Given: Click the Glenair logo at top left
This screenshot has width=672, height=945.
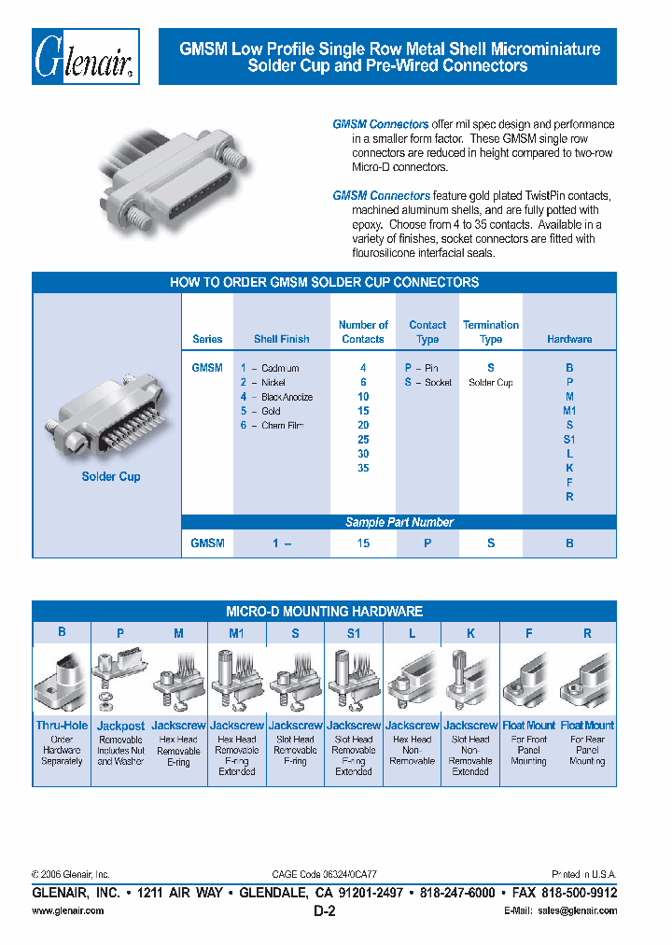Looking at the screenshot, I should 87,57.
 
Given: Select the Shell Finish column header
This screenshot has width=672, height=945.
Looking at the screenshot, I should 281,340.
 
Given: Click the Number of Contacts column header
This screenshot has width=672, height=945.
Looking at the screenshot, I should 363,331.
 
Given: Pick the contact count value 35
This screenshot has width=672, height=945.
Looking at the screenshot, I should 363,468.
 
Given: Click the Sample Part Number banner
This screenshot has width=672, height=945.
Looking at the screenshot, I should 399,522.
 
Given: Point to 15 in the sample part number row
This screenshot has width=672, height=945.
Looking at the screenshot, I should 363,543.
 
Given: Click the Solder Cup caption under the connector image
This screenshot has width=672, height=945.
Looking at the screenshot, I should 111,476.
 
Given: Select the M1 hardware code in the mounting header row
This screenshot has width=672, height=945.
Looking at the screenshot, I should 236,633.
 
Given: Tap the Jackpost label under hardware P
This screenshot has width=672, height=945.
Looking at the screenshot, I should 120,726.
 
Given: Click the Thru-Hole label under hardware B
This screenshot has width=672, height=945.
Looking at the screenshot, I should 62,726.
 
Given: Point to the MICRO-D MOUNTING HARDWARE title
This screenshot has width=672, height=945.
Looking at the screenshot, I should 324,612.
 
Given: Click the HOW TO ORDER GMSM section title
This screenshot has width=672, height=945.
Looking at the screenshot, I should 324,282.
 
